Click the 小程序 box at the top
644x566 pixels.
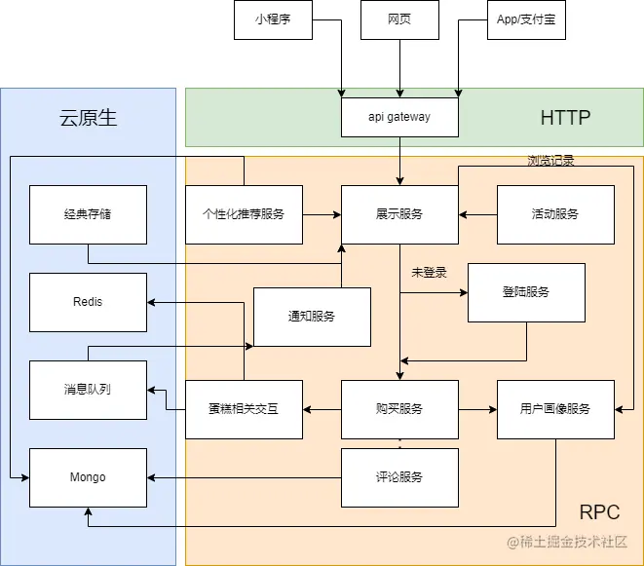[273, 19]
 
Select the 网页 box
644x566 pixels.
[399, 19]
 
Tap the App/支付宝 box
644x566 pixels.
[526, 19]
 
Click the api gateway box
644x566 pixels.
[399, 117]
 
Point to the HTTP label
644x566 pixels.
[565, 118]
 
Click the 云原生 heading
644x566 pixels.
[88, 118]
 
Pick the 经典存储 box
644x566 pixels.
[88, 214]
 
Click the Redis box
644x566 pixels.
[88, 302]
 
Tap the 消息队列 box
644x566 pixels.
[88, 390]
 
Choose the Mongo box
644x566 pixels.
[88, 477]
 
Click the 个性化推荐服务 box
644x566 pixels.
[244, 214]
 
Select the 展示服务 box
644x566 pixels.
[399, 214]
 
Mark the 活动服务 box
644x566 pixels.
[556, 214]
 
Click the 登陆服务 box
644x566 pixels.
[526, 292]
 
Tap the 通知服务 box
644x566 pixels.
[312, 317]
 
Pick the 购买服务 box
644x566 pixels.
[399, 409]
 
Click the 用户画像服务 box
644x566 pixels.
[556, 409]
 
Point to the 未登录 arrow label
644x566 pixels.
[429, 273]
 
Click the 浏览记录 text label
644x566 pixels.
[550, 161]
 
